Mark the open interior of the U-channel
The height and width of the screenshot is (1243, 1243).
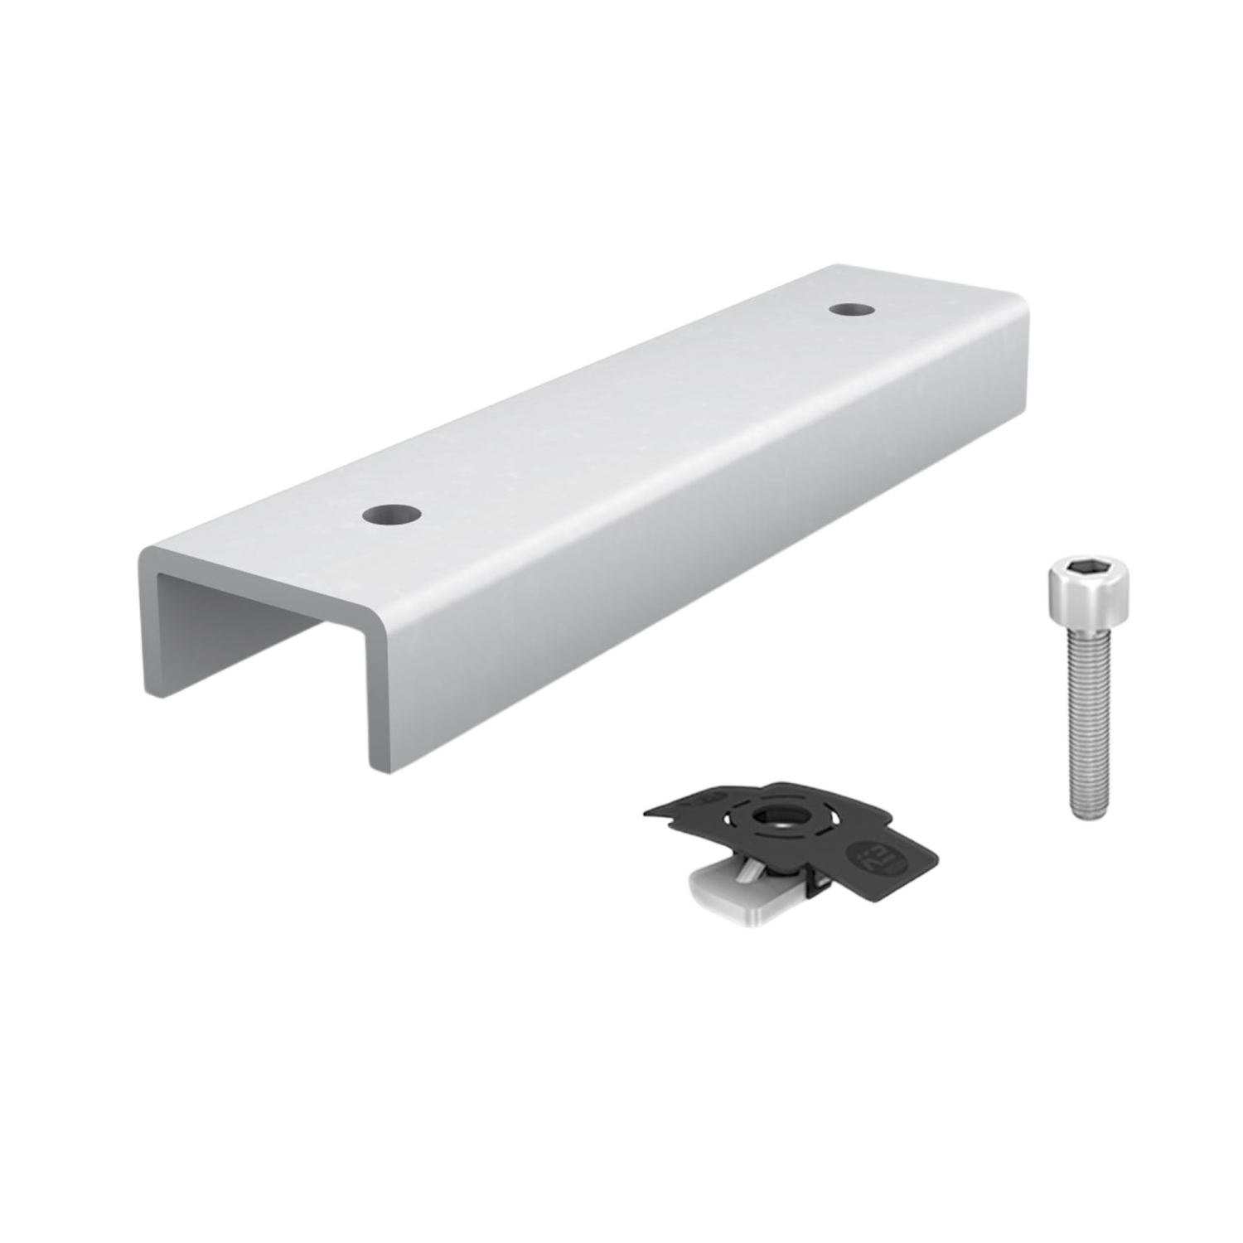coord(249,630)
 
